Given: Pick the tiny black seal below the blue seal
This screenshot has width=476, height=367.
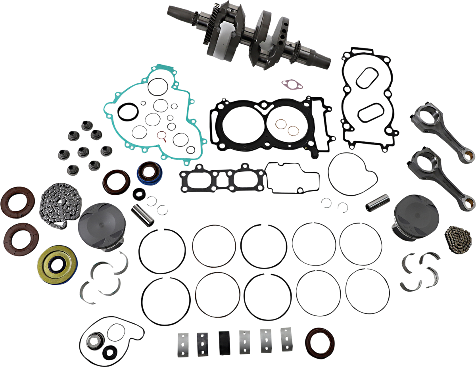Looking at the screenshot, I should pos(139,194).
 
